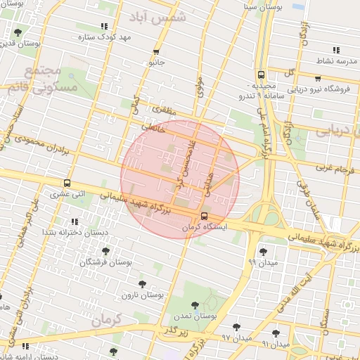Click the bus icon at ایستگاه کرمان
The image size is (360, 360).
[x=204, y=216]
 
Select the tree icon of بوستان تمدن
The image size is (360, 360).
[x=195, y=306]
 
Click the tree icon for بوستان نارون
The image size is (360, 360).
[x=142, y=284]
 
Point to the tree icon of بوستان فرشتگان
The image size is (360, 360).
[x=105, y=251]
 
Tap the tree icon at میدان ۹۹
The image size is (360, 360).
[x=263, y=252]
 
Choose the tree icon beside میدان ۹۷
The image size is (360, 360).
[x=236, y=327]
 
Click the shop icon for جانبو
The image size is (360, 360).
[x=156, y=51]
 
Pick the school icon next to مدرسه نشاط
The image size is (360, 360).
[x=336, y=50]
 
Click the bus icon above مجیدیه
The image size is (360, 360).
[x=261, y=74]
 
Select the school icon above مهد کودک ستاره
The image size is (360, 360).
[x=105, y=26]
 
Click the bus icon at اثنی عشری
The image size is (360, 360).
[x=67, y=184]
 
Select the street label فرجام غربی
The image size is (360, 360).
[x=332, y=167]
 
